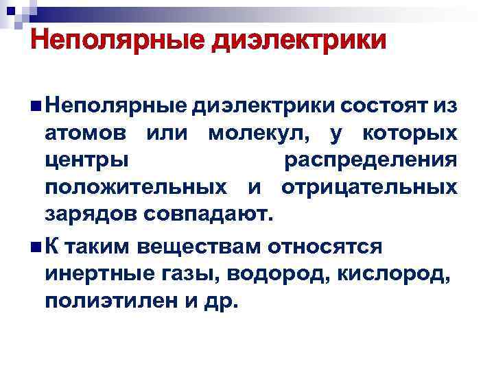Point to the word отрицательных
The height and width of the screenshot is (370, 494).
pyautogui.click(x=368, y=186)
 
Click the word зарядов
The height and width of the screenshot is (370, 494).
pyautogui.click(x=91, y=213)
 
